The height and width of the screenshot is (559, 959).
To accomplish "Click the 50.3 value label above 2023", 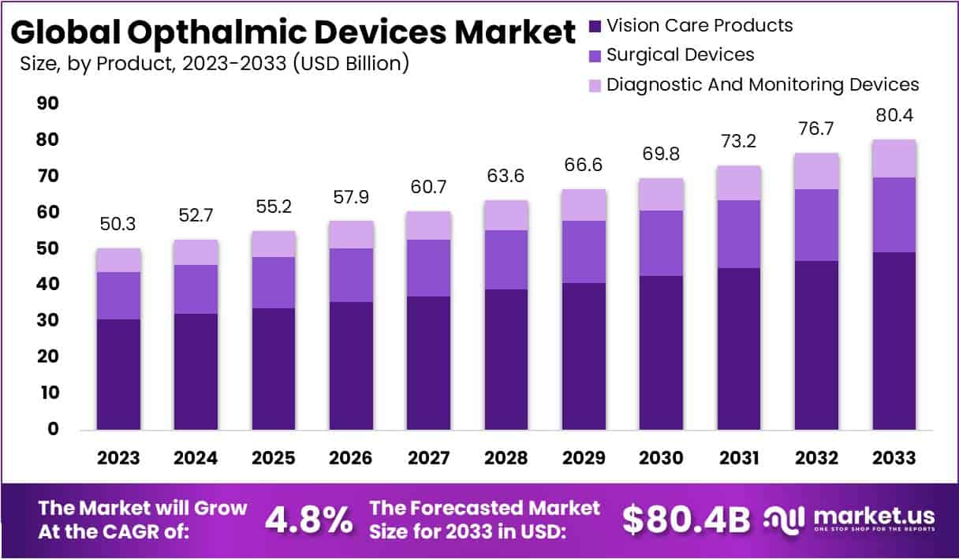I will pyautogui.click(x=118, y=225).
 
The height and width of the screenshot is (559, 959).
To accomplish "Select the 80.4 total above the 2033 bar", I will pyautogui.click(x=894, y=116).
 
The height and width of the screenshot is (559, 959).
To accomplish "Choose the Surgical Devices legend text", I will pyautogui.click(x=680, y=54).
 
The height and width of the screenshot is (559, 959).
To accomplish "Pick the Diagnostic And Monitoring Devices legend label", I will pyautogui.click(x=763, y=84).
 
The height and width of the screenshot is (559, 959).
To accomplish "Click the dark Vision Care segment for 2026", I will pyautogui.click(x=351, y=365).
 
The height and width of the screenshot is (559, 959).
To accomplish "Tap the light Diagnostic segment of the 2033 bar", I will pyautogui.click(x=894, y=158).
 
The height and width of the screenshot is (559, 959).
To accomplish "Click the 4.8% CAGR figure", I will pyautogui.click(x=308, y=520).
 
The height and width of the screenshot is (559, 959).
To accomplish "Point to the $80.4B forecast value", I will pyautogui.click(x=685, y=520).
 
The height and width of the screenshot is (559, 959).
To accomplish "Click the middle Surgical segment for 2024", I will pyautogui.click(x=196, y=289).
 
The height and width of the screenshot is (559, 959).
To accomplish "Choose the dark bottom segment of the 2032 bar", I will pyautogui.click(x=816, y=345).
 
